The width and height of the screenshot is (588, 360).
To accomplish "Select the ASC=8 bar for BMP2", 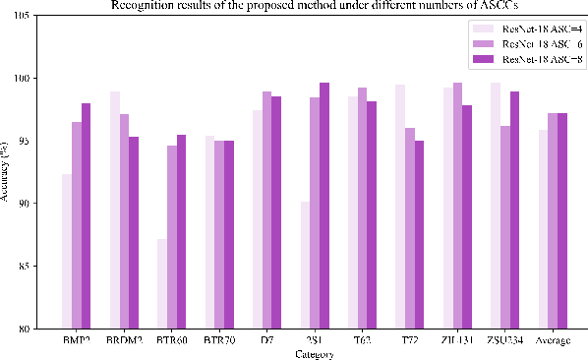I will tap(87, 215).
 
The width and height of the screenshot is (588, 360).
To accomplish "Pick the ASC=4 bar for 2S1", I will tap(306, 265).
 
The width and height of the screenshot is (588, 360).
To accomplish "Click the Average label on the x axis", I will tap(554, 340).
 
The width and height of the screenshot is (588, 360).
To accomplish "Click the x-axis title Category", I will tap(315, 354).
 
